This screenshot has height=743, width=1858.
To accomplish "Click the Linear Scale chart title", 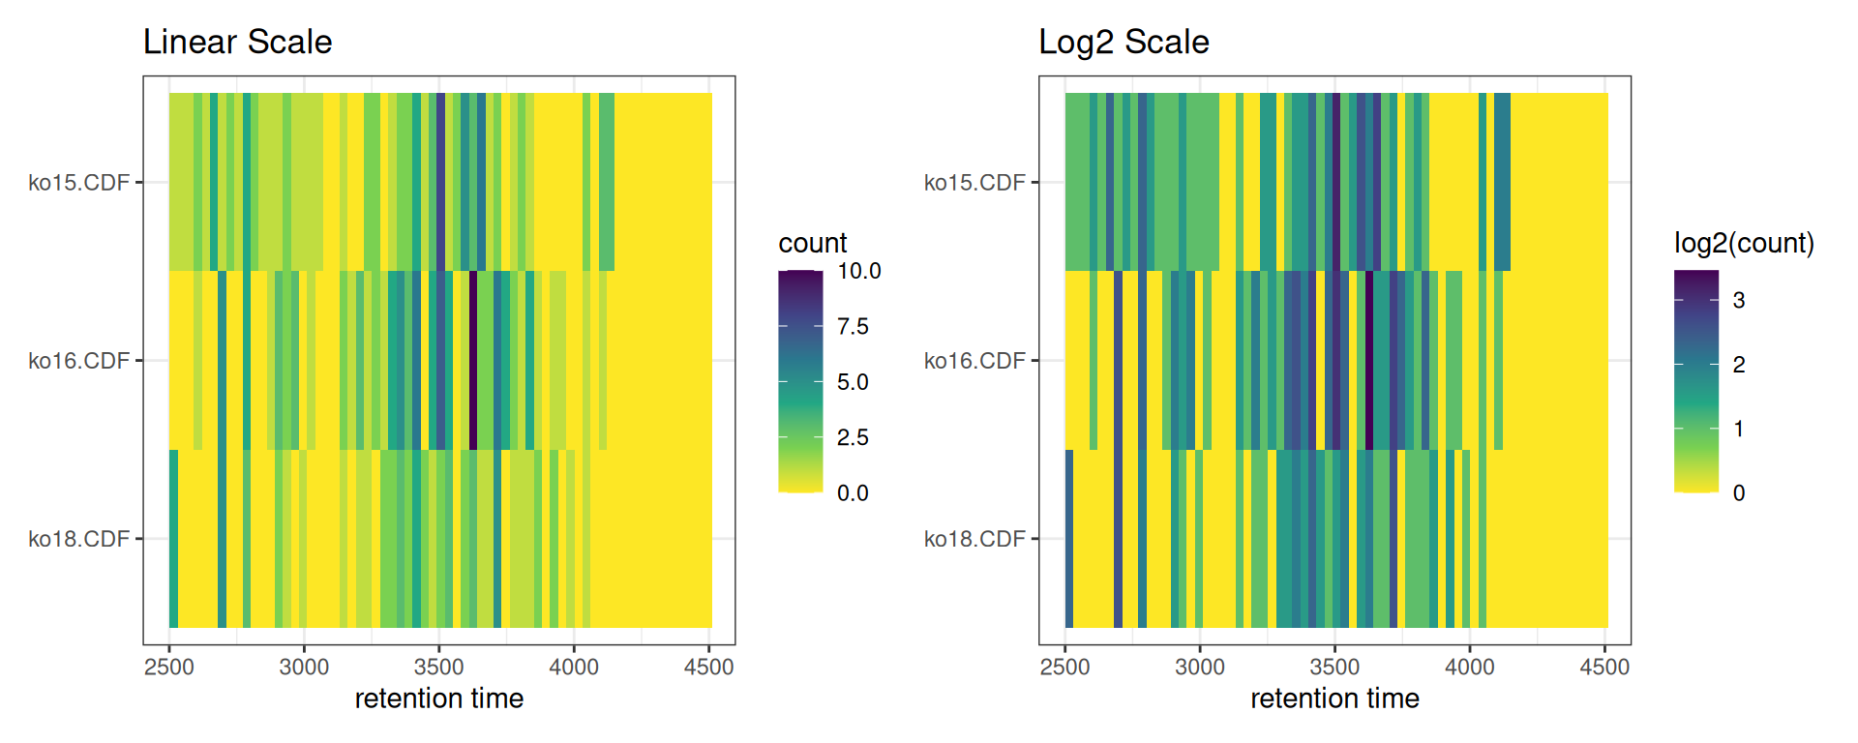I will click(x=237, y=43).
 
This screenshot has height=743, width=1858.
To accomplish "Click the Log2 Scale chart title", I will click(x=1124, y=43).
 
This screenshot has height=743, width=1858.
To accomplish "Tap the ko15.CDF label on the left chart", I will click(x=78, y=183).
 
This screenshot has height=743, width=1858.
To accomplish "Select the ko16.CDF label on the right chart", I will click(x=974, y=361).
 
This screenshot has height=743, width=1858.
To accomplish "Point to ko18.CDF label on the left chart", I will click(x=78, y=539).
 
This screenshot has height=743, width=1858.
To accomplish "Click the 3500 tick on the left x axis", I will click(x=438, y=667).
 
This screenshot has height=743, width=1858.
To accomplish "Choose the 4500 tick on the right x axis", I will click(x=1604, y=667).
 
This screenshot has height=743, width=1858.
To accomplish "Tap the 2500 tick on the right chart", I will click(x=1064, y=667).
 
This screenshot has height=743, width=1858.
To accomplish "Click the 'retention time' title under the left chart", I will click(x=438, y=698).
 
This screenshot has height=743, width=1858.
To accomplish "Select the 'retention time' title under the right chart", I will click(x=1334, y=698).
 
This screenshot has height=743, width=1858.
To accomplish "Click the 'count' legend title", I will click(x=812, y=243).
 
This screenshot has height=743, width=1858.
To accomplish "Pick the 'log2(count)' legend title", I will click(x=1744, y=243).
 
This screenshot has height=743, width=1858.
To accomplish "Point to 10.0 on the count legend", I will click(x=858, y=271).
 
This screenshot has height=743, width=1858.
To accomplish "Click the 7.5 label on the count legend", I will click(x=853, y=327).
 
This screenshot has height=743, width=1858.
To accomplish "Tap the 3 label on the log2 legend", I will click(x=1739, y=301).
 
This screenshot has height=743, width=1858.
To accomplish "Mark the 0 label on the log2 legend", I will click(x=1739, y=493).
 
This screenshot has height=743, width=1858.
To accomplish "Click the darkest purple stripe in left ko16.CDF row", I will click(x=473, y=360).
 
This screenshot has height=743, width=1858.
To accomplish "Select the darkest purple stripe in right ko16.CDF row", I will click(x=1369, y=360).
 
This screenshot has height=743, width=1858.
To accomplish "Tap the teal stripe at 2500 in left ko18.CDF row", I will click(x=173, y=538).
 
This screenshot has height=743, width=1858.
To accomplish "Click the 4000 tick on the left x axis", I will click(x=574, y=667).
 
